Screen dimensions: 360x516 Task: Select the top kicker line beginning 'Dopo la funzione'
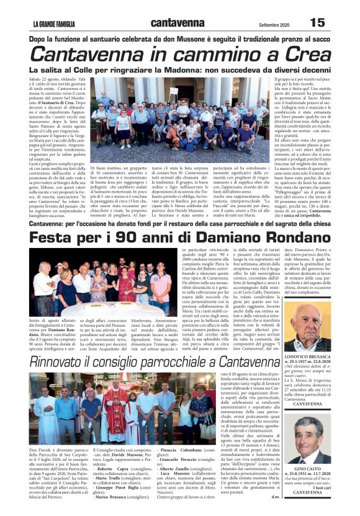[x=180, y=38]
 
